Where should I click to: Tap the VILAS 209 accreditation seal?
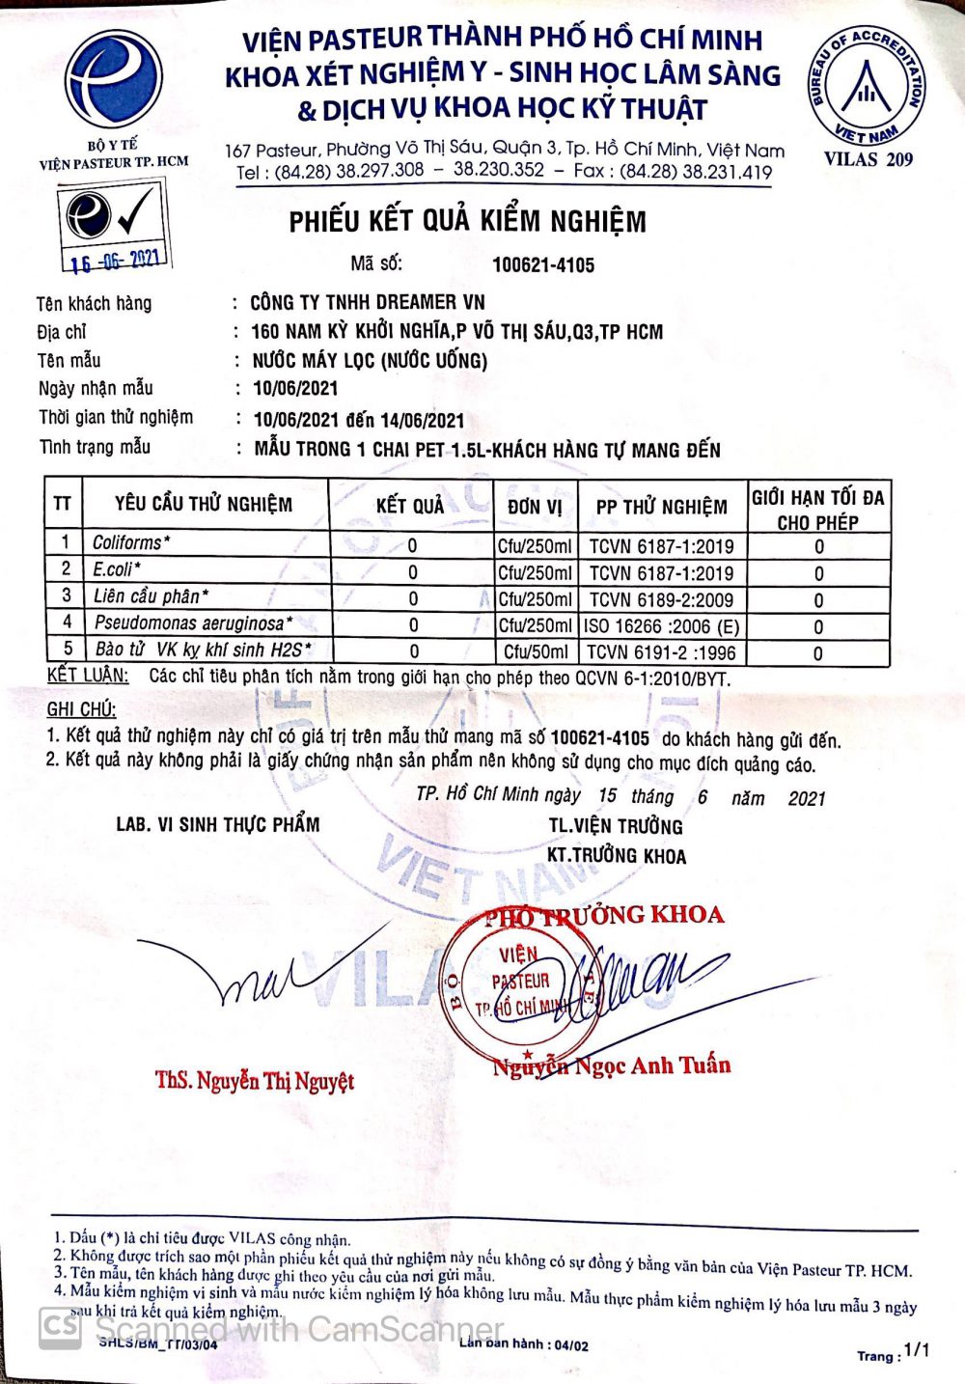[867, 88]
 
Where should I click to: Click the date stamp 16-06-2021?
[115, 260]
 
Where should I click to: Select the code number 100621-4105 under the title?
[543, 265]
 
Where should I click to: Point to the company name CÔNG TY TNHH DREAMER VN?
[367, 302]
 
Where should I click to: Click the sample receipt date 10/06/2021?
[295, 389]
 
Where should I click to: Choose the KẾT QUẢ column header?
[410, 506]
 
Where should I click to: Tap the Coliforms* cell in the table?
[131, 543]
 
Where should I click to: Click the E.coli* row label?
[117, 569]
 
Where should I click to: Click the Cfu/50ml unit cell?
[536, 652]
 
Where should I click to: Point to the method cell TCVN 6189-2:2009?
[661, 599]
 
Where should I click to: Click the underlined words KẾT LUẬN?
[87, 675]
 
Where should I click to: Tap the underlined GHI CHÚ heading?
[81, 710]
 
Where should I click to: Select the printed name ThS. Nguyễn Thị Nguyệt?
[255, 1081]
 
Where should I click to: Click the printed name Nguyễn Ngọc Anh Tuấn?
[611, 1066]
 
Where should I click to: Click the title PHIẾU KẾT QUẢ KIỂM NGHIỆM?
[468, 222]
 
